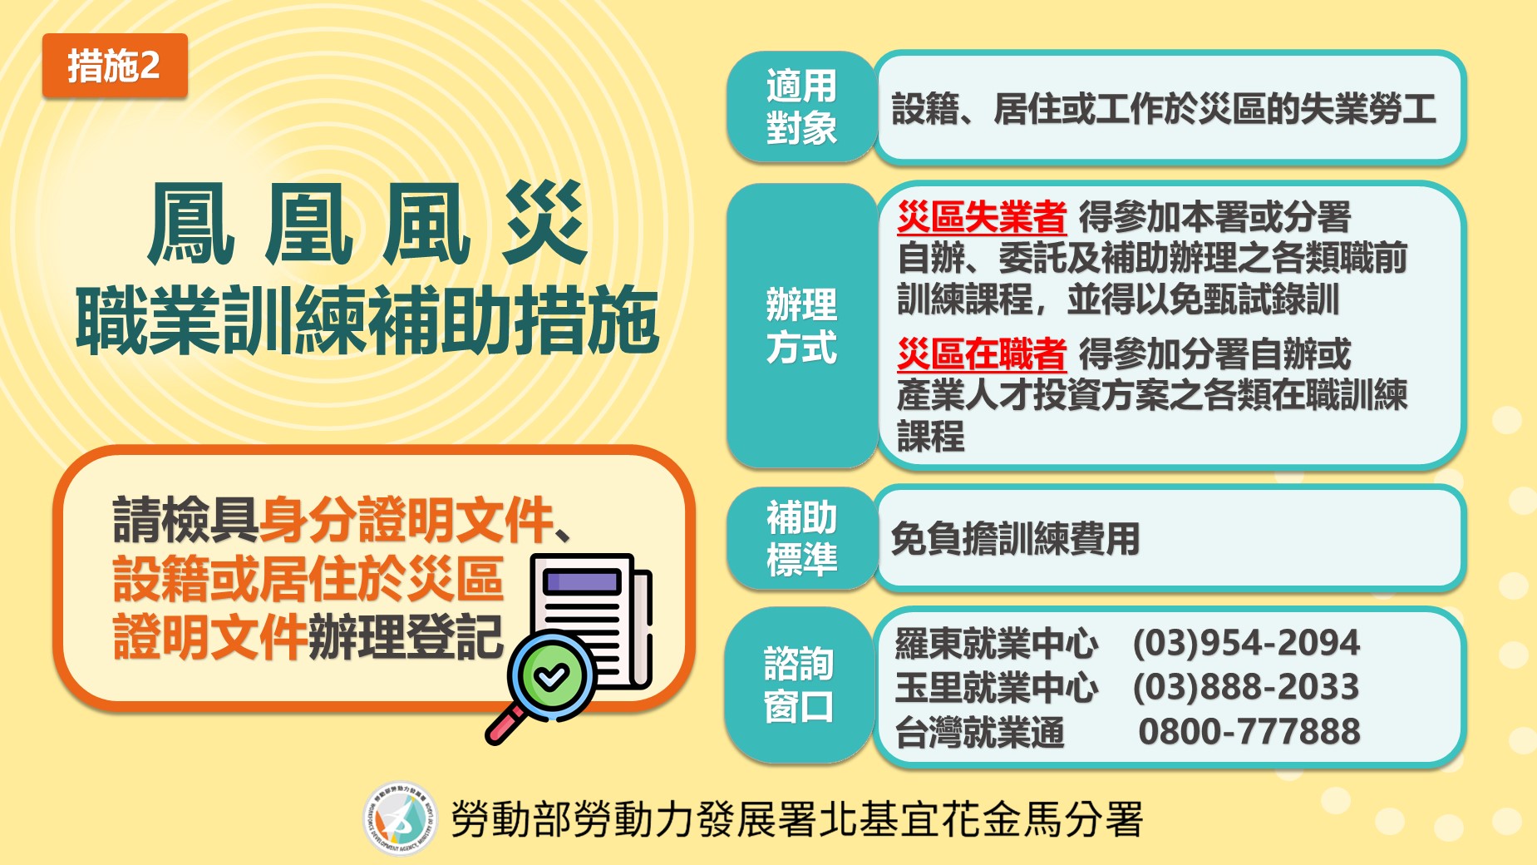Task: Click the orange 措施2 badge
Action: coord(115,66)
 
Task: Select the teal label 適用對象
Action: coord(801,107)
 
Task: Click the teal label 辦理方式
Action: coord(801,326)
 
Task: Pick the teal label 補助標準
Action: coord(801,538)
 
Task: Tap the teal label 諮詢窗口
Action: coord(800,685)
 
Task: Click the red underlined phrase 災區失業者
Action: coord(982,218)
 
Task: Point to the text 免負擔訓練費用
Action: coord(1015,539)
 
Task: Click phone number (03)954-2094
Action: coord(1246,643)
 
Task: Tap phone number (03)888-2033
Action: coord(1246,688)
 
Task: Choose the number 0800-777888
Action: coord(1249,732)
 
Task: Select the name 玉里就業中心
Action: coord(997,688)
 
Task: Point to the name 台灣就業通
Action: coord(980,733)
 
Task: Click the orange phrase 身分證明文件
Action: coord(406,520)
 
